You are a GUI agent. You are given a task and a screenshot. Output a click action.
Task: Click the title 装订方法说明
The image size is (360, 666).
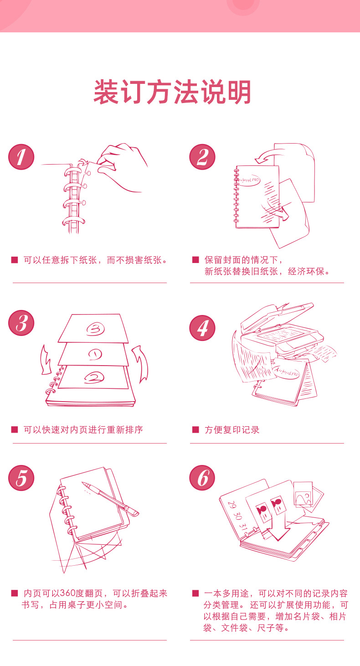click(172, 92)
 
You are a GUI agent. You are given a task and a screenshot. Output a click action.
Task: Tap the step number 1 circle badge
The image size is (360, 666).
click(21, 157)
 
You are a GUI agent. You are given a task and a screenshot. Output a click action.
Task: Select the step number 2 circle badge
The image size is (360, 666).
click(202, 157)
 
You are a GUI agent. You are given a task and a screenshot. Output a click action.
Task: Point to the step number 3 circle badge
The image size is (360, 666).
click(21, 323)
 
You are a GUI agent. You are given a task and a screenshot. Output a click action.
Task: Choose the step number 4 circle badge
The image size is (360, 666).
click(202, 328)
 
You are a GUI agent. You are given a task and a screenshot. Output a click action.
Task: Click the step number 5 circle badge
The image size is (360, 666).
click(21, 478)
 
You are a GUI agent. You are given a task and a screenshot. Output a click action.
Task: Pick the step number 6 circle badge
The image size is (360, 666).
click(202, 478)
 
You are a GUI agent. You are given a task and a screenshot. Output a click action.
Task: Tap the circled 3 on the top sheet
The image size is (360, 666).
click(95, 329)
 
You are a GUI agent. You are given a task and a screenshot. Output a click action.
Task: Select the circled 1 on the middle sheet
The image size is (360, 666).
click(95, 354)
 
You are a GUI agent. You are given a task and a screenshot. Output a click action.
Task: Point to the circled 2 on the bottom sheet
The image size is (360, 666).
click(94, 377)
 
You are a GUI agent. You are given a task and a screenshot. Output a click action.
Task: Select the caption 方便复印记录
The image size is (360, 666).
click(232, 430)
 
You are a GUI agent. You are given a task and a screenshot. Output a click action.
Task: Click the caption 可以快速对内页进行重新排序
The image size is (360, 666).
click(83, 430)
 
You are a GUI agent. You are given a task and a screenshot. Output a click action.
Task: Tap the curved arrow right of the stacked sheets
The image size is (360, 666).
click(141, 364)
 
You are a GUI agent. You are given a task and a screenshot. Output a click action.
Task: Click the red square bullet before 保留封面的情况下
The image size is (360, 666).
click(195, 260)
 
